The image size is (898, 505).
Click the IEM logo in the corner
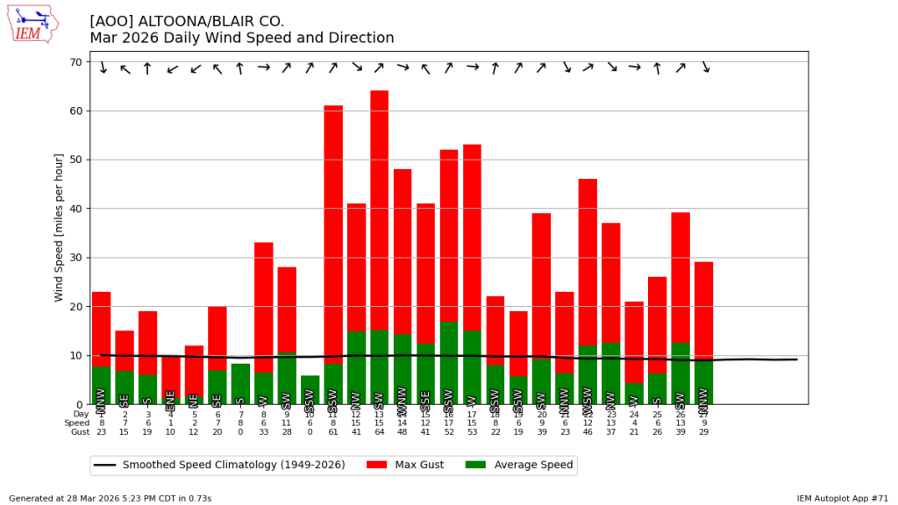click(32, 25)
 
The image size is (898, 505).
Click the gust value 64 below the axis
click(379, 432)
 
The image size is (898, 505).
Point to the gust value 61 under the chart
click(333, 432)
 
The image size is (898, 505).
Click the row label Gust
click(81, 432)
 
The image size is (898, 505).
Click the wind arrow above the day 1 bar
click(102, 68)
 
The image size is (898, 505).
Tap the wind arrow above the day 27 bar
click(704, 68)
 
